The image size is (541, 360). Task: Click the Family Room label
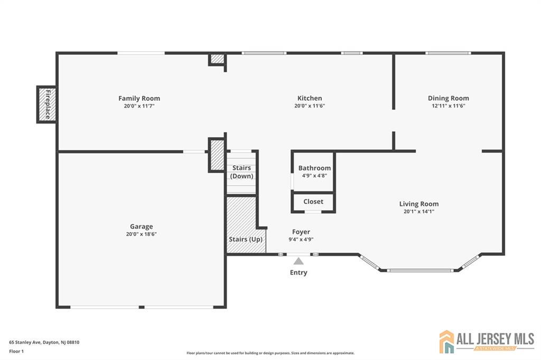pyautogui.click(x=139, y=98)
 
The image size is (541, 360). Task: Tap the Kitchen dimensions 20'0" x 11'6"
pyautogui.click(x=310, y=106)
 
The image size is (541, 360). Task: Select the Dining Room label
pyautogui.click(x=448, y=98)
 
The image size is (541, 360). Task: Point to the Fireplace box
pyautogui.click(x=46, y=104)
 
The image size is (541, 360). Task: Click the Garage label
pyautogui.click(x=142, y=226)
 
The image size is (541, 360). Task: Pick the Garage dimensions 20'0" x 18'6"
pyautogui.click(x=142, y=234)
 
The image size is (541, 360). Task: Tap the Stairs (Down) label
pyautogui.click(x=241, y=172)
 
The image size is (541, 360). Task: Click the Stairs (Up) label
pyautogui.click(x=246, y=239)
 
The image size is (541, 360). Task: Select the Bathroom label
pyautogui.click(x=314, y=168)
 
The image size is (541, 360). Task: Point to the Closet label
pyautogui.click(x=313, y=202)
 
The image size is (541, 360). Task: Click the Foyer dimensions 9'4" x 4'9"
pyautogui.click(x=301, y=239)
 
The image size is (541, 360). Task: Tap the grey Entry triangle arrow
pyautogui.click(x=299, y=261)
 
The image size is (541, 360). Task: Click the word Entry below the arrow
pyautogui.click(x=299, y=272)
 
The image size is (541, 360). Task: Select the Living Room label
pyautogui.click(x=419, y=204)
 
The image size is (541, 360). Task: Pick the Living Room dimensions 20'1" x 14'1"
pyautogui.click(x=419, y=212)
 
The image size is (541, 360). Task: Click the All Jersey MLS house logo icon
pyautogui.click(x=447, y=342)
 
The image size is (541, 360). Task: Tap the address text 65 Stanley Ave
pyautogui.click(x=25, y=343)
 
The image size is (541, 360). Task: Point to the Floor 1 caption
pyautogui.click(x=16, y=352)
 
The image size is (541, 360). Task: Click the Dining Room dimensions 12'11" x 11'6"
pyautogui.click(x=449, y=106)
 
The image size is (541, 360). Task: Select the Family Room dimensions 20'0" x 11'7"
pyautogui.click(x=139, y=106)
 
